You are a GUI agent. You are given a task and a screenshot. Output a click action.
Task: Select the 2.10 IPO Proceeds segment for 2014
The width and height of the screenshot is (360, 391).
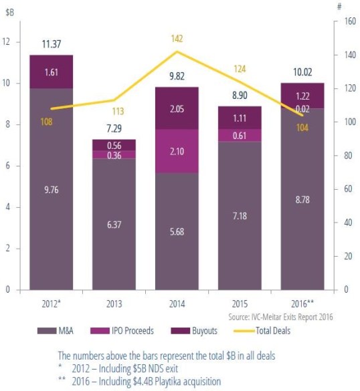pyautogui.click(x=177, y=152)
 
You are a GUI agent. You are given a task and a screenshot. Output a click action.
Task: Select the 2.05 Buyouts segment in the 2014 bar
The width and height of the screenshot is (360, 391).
pyautogui.click(x=177, y=108)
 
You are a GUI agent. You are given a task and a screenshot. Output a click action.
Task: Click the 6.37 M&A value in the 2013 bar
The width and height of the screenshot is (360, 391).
pyautogui.click(x=113, y=225)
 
